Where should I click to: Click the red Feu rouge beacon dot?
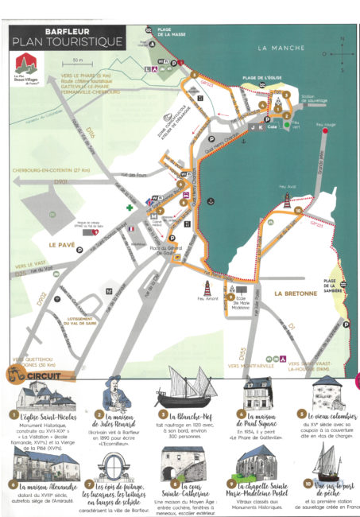326,134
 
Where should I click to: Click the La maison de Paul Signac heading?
252,417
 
